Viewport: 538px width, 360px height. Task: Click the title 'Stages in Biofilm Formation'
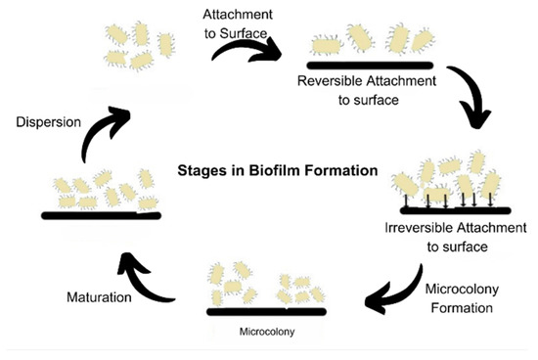276,169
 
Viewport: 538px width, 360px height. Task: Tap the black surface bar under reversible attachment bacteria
369,65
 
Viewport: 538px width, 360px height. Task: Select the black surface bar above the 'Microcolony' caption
266,312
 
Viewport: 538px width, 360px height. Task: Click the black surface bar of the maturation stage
102,215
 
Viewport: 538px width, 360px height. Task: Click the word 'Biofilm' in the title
293,169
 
